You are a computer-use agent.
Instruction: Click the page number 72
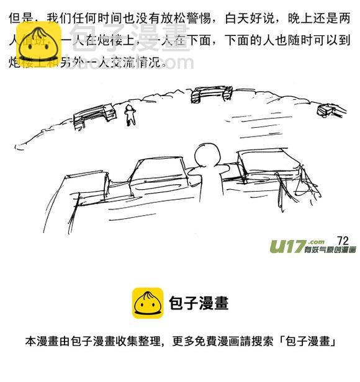344,240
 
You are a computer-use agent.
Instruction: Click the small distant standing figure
130,115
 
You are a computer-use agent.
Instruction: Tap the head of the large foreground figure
204,155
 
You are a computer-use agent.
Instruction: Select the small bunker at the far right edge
328,110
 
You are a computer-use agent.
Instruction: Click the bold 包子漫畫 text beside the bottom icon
199,303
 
